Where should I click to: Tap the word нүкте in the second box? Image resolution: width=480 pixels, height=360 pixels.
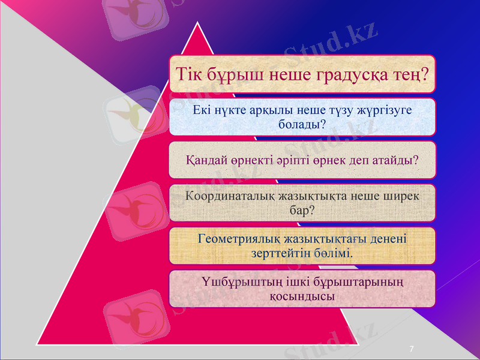(233, 110)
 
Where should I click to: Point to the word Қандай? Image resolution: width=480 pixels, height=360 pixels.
(205, 161)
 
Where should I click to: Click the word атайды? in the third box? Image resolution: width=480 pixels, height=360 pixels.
(397, 161)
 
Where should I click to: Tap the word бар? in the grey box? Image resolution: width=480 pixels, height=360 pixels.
(303, 211)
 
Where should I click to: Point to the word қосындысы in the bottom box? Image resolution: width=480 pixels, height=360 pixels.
(303, 296)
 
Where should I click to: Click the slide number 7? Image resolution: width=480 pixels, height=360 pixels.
(412, 349)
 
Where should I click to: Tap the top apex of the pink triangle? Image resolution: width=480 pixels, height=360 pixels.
(199, 24)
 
